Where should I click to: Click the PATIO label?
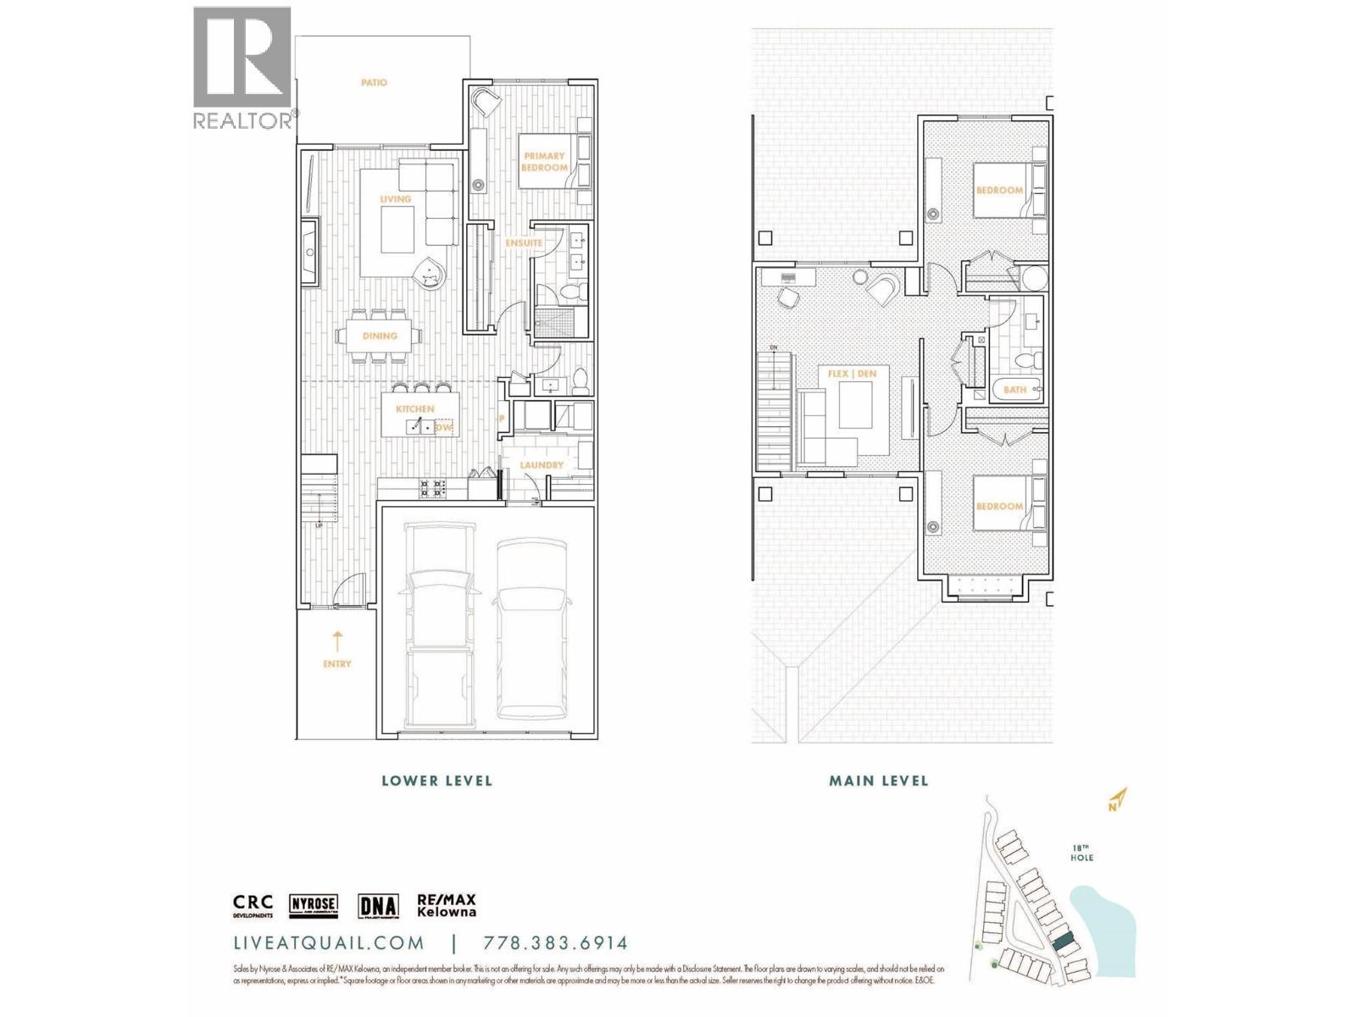click(374, 82)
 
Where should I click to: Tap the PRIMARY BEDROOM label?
click(544, 161)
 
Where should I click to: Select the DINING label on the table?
click(380, 336)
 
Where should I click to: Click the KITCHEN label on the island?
click(414, 408)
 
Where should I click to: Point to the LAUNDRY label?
click(542, 464)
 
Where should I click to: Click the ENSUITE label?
click(523, 242)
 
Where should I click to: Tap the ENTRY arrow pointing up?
click(337, 640)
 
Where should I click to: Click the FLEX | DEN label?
click(852, 373)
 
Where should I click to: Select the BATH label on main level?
click(1014, 390)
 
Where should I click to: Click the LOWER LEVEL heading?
click(436, 781)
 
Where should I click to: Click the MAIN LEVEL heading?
click(878, 781)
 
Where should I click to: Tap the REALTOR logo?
click(243, 68)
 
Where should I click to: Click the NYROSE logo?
click(314, 905)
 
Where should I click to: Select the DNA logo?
click(378, 905)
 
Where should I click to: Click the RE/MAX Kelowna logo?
click(446, 905)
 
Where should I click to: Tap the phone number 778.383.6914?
click(555, 943)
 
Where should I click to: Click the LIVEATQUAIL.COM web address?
click(329, 943)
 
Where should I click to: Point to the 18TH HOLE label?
click(1081, 853)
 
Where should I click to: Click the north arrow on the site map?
click(1118, 799)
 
